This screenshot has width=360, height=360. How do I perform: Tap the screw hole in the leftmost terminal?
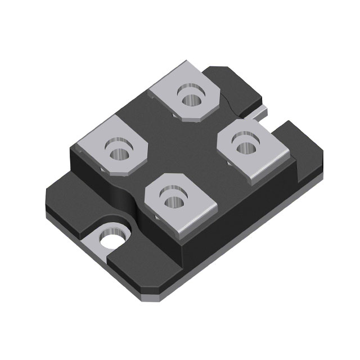[x=119, y=151]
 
